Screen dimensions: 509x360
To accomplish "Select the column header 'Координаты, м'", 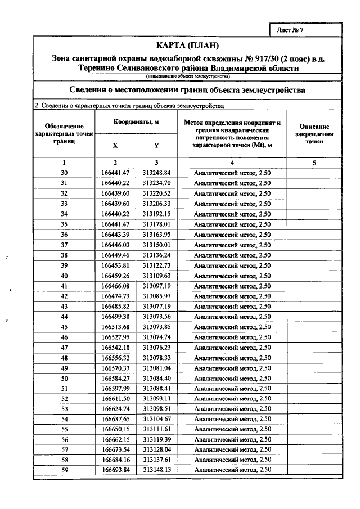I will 136,121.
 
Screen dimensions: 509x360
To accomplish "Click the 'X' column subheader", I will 115,145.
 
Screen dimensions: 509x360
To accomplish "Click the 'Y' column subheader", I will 156,145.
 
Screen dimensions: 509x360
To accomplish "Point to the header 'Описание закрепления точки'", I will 314,134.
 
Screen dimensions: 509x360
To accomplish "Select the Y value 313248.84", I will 156,173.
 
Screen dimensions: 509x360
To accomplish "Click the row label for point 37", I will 64,245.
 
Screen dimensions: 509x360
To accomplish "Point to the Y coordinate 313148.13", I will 156,470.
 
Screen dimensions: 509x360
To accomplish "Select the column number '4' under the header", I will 232,163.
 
